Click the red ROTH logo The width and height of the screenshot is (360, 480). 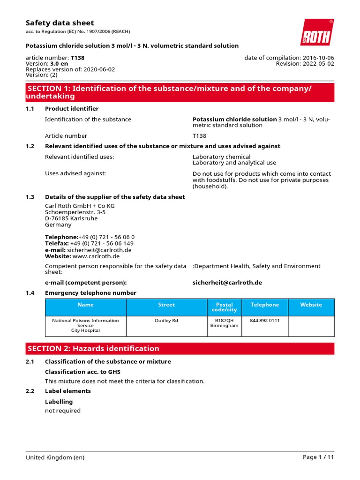pyautogui.click(x=317, y=32)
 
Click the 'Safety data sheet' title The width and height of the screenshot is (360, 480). pyautogui.click(x=60, y=23)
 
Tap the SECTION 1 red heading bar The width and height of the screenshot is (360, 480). pyautogui.click(x=180, y=92)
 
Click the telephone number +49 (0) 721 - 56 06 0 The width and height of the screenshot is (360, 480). pyautogui.click(x=106, y=237)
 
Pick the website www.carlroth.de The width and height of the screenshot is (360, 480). pyautogui.click(x=96, y=256)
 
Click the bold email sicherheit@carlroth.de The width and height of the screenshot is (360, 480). pyautogui.click(x=227, y=283)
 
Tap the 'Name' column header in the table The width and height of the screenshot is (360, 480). pyautogui.click(x=85, y=305)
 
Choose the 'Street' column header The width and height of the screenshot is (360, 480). pyautogui.click(x=166, y=305)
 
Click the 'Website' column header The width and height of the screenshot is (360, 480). pyautogui.click(x=311, y=305)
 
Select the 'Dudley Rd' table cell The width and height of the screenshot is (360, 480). pyautogui.click(x=166, y=321)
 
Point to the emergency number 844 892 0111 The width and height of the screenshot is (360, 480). pyautogui.click(x=264, y=321)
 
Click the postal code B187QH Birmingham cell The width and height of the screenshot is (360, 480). pyautogui.click(x=224, y=323)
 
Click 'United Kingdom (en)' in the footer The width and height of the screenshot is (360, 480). pyautogui.click(x=55, y=457)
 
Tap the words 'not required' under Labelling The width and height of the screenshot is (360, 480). pyautogui.click(x=62, y=411)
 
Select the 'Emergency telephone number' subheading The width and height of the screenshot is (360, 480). pyautogui.click(x=90, y=293)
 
